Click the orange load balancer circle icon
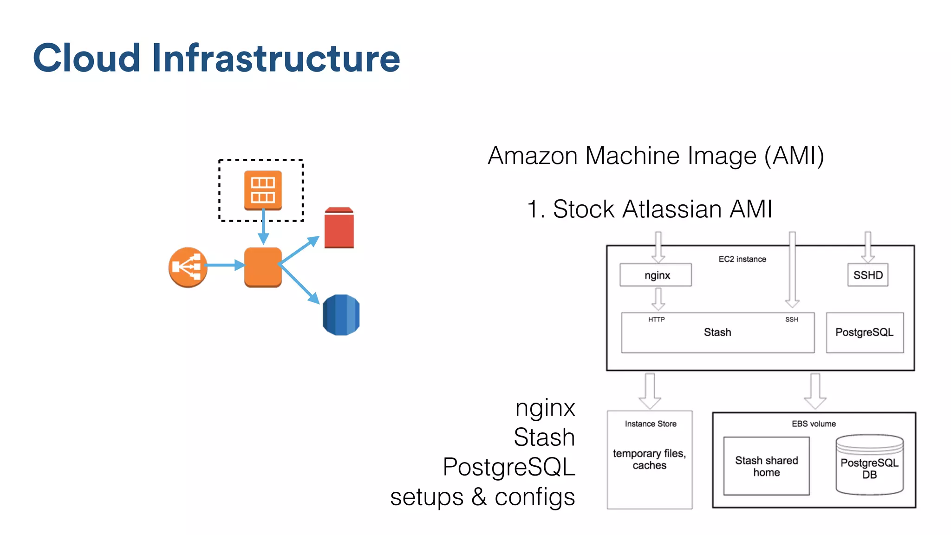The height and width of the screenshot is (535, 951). pyautogui.click(x=188, y=267)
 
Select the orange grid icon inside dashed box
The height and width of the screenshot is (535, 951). pyautogui.click(x=263, y=190)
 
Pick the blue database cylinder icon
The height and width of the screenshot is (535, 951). pyautogui.click(x=341, y=315)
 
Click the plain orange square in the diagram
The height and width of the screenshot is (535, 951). pyautogui.click(x=263, y=267)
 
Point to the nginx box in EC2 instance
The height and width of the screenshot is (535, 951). pyautogui.click(x=656, y=275)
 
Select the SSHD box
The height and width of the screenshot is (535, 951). pyautogui.click(x=867, y=275)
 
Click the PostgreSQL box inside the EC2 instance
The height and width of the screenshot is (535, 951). pyautogui.click(x=865, y=333)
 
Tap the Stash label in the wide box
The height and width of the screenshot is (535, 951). pyautogui.click(x=717, y=333)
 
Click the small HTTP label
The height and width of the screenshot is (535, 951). pyautogui.click(x=657, y=320)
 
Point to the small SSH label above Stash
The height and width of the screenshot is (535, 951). pyautogui.click(x=792, y=320)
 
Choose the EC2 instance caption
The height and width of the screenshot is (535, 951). pyautogui.click(x=742, y=259)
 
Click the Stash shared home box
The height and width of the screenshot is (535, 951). pyautogui.click(x=766, y=466)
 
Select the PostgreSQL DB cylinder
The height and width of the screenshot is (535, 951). pyautogui.click(x=869, y=466)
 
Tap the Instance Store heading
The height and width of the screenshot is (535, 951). pyautogui.click(x=650, y=424)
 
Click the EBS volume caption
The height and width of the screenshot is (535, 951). pyautogui.click(x=814, y=424)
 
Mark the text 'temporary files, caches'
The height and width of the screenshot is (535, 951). pyautogui.click(x=649, y=459)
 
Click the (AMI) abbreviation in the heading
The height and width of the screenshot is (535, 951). pyautogui.click(x=794, y=156)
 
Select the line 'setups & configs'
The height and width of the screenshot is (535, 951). pyautogui.click(x=483, y=497)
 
